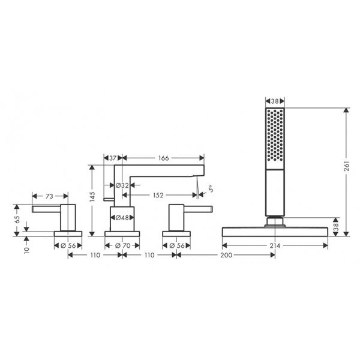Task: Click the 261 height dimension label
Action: pos(346,166)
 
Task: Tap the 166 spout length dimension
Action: pos(163,158)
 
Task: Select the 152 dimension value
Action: pos(158,195)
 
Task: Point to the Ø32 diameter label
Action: pos(122,185)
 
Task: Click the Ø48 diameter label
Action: pos(122,217)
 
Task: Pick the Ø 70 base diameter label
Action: pos(122,245)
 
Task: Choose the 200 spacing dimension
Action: pos(226,255)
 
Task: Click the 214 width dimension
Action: pos(275,245)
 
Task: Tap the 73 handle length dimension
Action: pos(49,196)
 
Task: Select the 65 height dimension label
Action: pos(17,220)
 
